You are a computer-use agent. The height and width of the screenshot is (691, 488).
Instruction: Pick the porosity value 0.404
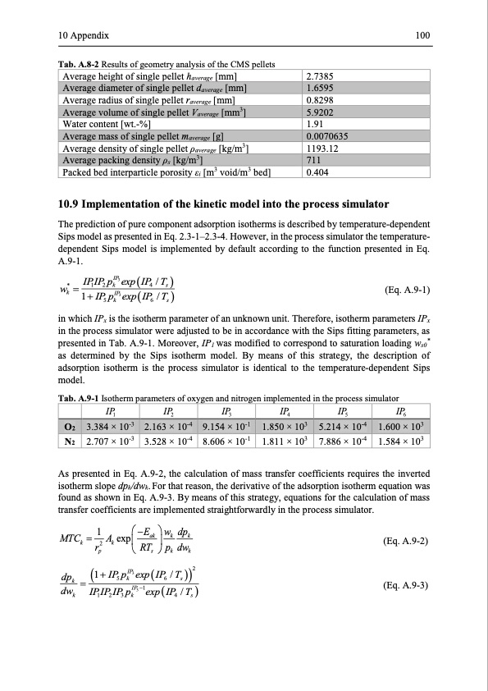(314, 172)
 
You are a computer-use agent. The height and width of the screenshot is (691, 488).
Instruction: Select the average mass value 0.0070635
(326, 136)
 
